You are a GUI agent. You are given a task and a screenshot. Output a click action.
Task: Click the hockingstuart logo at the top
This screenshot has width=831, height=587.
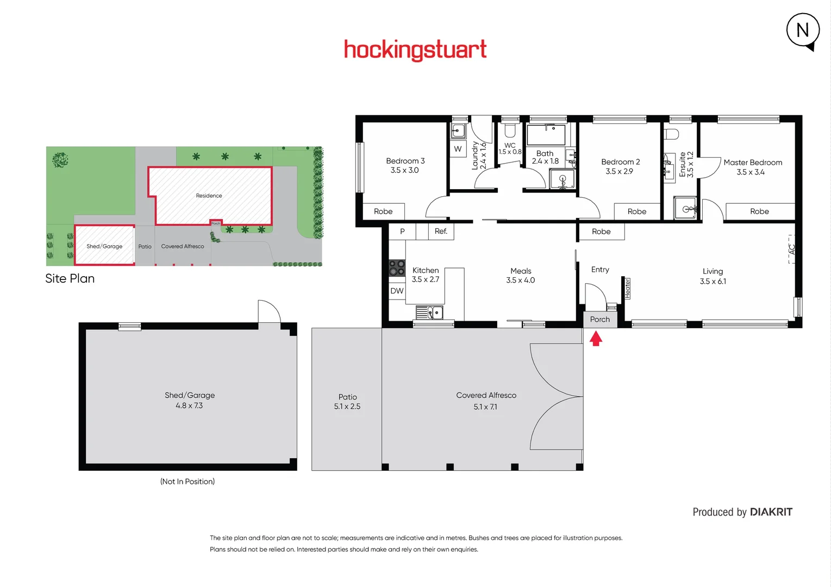415,50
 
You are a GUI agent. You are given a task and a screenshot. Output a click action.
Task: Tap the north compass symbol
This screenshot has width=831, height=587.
803,31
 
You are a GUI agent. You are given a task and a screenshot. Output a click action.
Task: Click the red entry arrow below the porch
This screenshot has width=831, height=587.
596,339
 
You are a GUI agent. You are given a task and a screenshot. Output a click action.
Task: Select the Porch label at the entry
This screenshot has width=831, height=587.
600,320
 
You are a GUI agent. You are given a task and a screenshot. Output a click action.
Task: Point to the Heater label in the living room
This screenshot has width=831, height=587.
627,288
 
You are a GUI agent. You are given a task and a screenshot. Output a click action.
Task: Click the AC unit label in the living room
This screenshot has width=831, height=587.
792,249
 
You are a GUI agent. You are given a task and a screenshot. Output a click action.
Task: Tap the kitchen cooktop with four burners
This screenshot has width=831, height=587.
397,268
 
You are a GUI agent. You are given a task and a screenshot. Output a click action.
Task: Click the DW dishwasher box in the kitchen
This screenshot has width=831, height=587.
397,291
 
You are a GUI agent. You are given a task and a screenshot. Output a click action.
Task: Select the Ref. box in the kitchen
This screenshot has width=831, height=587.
441,231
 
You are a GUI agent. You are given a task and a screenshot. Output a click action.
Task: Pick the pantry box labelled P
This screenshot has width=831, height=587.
402,231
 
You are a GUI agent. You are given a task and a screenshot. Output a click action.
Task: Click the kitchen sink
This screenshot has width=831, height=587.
430,313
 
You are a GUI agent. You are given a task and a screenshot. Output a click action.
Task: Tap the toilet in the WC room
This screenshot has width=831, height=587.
510,130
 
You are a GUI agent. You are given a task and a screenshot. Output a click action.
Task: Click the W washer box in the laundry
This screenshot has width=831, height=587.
458,149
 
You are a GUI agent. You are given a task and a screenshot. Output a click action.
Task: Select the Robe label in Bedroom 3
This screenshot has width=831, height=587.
383,211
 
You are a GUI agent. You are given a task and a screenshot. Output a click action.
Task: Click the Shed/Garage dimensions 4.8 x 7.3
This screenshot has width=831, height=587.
189,405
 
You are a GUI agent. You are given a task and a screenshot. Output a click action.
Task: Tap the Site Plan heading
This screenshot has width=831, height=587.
70,279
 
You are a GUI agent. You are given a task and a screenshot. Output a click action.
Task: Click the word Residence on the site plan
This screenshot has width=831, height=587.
209,196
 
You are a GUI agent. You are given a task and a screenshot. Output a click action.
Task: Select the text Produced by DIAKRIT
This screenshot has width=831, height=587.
742,512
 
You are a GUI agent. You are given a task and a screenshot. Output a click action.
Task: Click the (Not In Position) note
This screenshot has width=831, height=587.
188,482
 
